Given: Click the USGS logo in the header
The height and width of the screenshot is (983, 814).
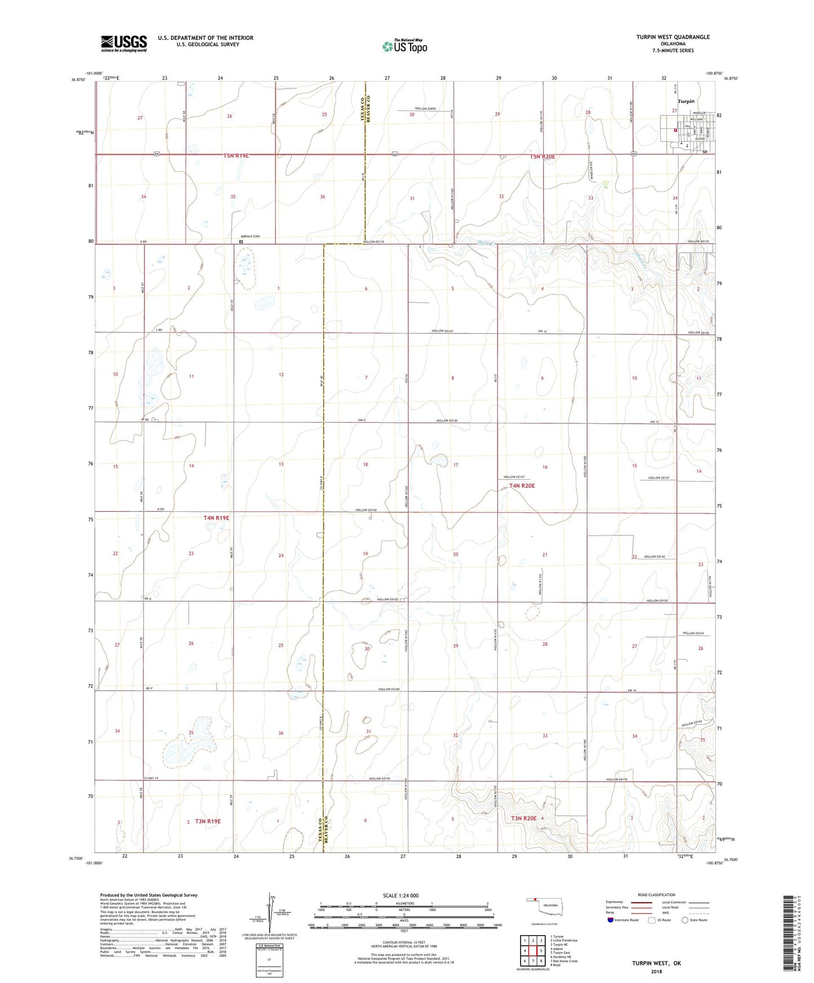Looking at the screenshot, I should [x=123, y=43].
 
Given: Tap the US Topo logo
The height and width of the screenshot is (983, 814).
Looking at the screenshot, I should [x=404, y=46].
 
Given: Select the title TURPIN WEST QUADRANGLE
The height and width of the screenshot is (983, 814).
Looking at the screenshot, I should [x=673, y=37].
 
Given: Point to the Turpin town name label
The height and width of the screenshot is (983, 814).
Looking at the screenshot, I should [x=686, y=101].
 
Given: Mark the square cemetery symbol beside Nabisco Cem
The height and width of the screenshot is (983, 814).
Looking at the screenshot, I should [x=241, y=242].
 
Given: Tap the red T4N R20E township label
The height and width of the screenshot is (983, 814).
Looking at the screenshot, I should [x=522, y=485].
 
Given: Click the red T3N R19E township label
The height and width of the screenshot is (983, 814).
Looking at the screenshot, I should [x=207, y=821].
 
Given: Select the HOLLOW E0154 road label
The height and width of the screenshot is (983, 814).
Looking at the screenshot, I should [x=693, y=633].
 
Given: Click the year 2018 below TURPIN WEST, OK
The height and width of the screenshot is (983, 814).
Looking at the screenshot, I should [x=657, y=971].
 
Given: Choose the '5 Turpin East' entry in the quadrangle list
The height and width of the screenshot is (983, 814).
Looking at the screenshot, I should [x=561, y=953].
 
